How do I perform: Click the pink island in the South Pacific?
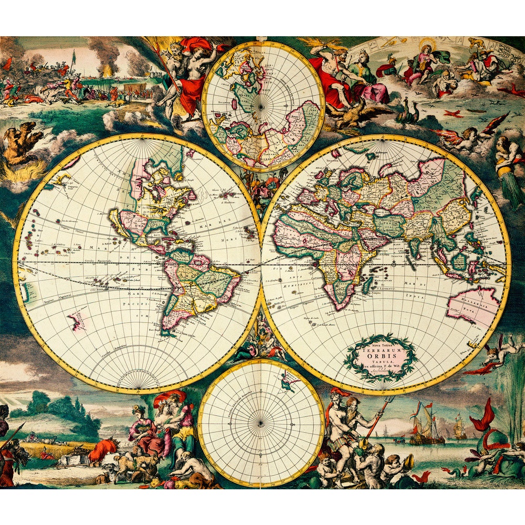[77, 320]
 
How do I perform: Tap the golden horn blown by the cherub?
[407, 463]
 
